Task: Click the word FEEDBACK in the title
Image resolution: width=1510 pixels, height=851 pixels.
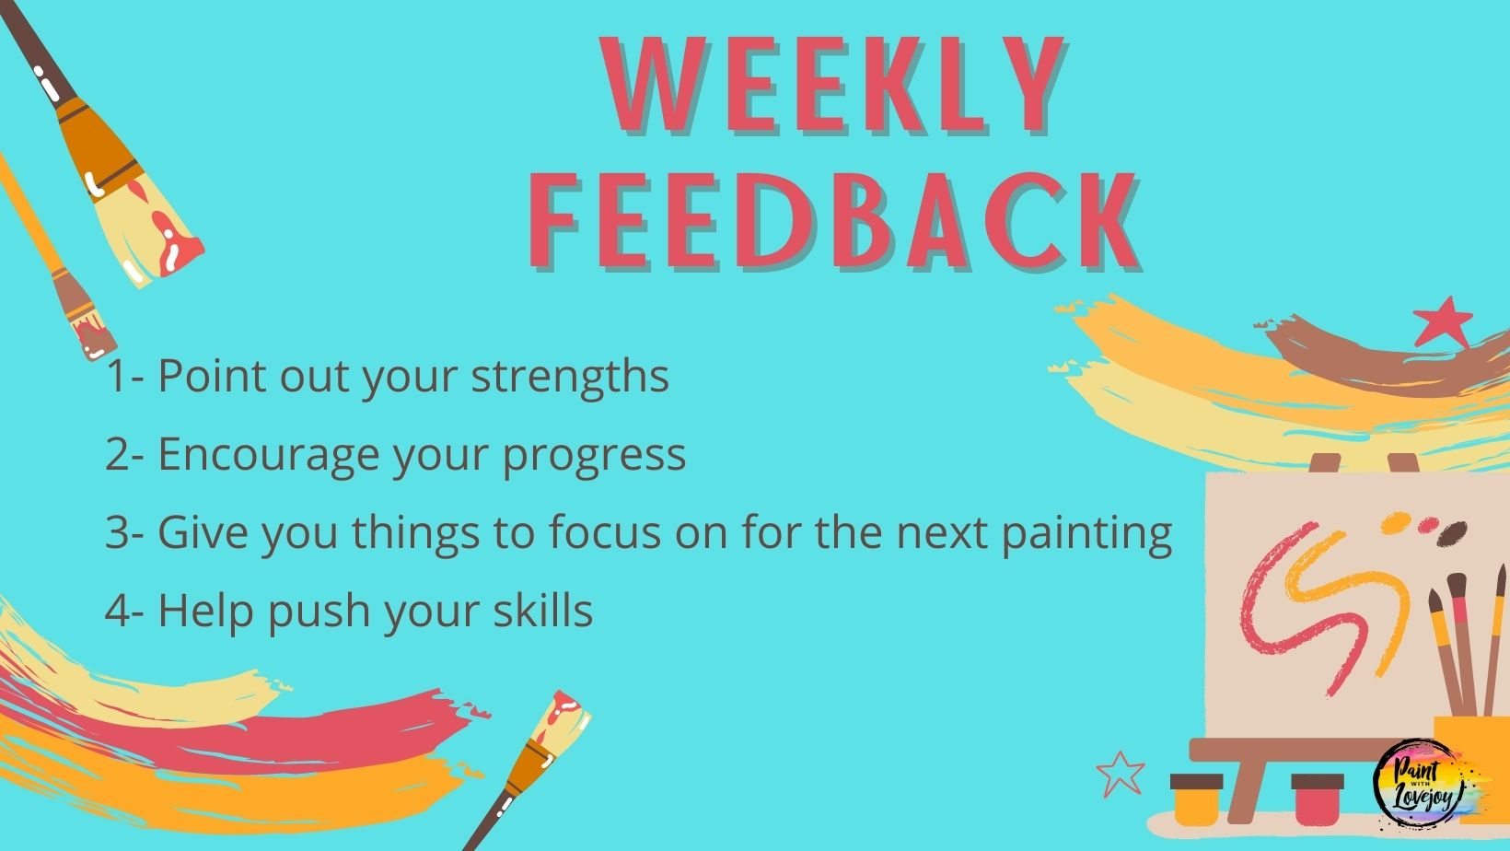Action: point(834,221)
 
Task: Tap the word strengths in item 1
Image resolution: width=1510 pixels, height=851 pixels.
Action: point(570,377)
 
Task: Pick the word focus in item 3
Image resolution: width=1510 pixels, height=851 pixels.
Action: point(604,531)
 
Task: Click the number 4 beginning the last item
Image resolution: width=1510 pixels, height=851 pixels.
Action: point(118,611)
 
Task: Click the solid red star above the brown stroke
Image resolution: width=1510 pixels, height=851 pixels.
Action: point(1443,322)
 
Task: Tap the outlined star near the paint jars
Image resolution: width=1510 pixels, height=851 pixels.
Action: point(1121,773)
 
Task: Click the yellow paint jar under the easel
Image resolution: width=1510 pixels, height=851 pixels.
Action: point(1197,799)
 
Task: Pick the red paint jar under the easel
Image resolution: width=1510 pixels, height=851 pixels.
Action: point(1318,799)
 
